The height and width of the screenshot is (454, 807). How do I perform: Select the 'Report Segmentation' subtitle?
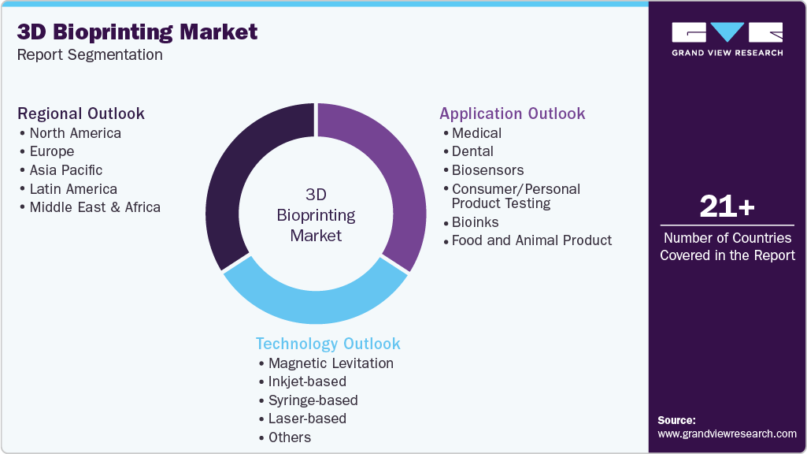(x=90, y=55)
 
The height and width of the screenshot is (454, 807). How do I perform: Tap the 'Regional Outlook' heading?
(x=81, y=113)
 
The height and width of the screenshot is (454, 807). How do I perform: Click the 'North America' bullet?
(x=76, y=133)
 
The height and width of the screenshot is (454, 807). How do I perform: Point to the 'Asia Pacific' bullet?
(x=66, y=170)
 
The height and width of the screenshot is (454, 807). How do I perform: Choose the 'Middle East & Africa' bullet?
(x=94, y=207)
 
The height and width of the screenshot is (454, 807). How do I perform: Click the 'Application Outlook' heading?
(x=513, y=113)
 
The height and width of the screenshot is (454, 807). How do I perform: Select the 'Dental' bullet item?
(x=472, y=151)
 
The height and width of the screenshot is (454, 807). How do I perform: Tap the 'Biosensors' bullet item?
(x=487, y=170)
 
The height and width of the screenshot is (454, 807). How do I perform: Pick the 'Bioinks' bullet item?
(x=475, y=222)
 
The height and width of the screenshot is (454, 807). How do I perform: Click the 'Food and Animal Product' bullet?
(x=531, y=240)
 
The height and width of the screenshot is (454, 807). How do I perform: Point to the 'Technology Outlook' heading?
(x=328, y=344)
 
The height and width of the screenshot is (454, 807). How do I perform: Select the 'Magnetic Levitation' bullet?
(x=331, y=363)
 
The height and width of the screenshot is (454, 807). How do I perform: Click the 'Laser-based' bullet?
(x=307, y=419)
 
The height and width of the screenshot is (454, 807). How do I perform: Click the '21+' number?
(x=727, y=207)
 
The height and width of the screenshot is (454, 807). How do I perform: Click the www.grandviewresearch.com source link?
(x=727, y=434)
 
